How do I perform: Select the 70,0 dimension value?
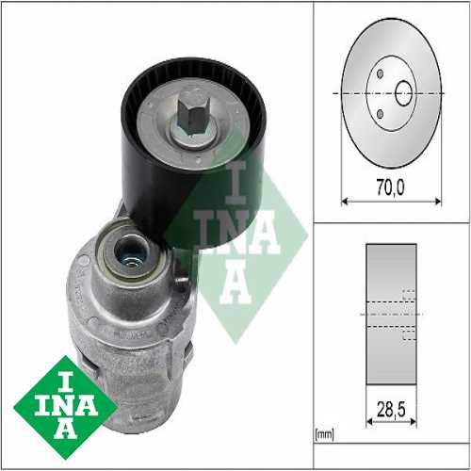[x=389, y=188]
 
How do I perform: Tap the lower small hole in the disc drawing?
[x=380, y=115]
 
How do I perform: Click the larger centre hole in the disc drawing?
[x=403, y=93]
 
